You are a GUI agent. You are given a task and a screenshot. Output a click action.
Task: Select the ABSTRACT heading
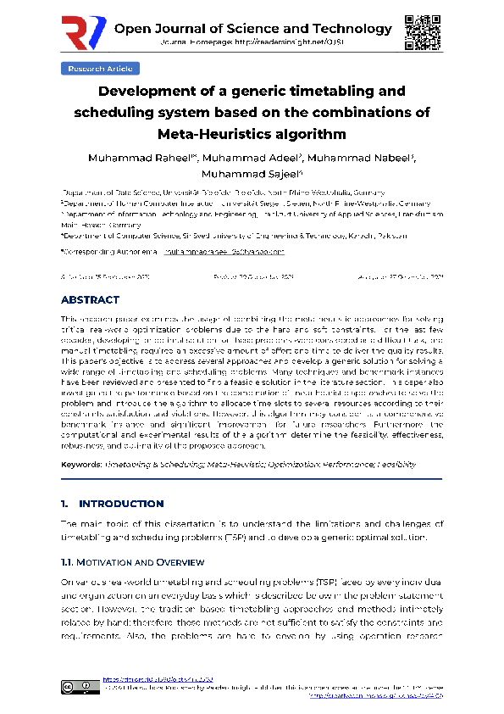tap(90, 300)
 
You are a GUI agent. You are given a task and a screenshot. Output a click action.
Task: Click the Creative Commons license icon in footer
tap(76, 687)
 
